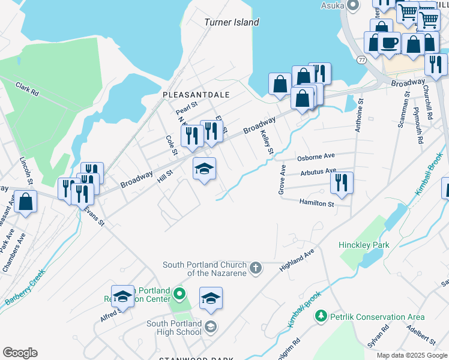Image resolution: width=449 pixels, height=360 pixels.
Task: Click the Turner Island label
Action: [232, 22]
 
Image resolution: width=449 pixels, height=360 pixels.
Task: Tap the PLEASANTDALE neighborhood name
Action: [188, 95]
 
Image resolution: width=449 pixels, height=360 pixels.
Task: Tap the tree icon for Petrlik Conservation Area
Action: [321, 316]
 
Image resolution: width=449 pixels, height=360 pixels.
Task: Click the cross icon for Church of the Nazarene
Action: [256, 268]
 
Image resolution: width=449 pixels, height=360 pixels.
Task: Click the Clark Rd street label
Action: [27, 89]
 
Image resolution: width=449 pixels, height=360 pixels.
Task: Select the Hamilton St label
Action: [316, 204]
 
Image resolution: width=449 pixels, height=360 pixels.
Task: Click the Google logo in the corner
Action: [20, 353]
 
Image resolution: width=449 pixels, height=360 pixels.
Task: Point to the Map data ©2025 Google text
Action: [411, 355]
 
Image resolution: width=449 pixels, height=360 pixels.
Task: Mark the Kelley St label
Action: [267, 143]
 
